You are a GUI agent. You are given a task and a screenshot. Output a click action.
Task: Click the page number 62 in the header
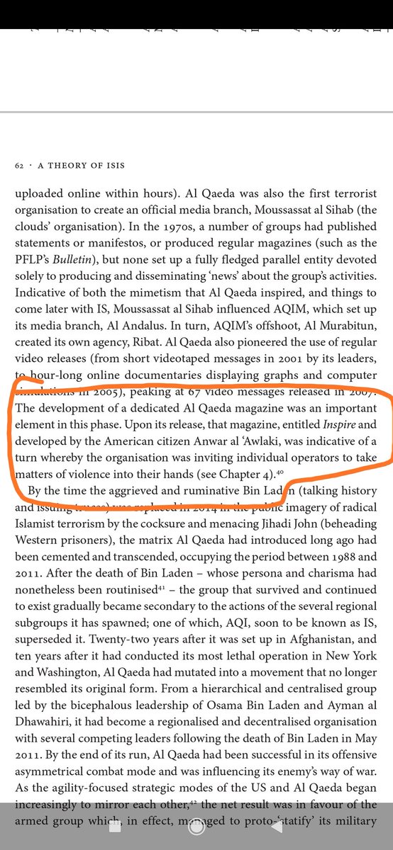point(18,164)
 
